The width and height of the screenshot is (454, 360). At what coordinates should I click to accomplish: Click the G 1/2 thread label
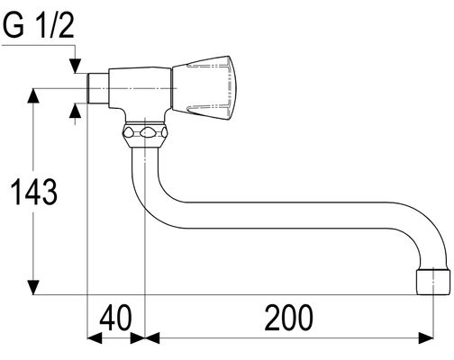pyautogui.click(x=38, y=26)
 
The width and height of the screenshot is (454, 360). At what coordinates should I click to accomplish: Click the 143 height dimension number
pyautogui.click(x=33, y=192)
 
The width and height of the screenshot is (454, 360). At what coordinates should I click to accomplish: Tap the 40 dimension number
pyautogui.click(x=115, y=318)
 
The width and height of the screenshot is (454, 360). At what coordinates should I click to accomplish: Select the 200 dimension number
pyautogui.click(x=288, y=318)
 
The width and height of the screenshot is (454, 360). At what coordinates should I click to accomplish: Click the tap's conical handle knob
pyautogui.click(x=204, y=88)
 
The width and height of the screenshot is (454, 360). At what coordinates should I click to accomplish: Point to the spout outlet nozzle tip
pyautogui.click(x=433, y=282)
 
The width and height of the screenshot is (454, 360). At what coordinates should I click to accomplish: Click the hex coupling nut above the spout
pyautogui.click(x=145, y=134)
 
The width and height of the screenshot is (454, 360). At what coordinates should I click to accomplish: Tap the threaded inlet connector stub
pyautogui.click(x=97, y=88)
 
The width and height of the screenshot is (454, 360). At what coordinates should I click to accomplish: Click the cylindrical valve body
pyautogui.click(x=140, y=88)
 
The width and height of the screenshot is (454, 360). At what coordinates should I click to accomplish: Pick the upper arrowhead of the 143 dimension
pyautogui.click(x=33, y=95)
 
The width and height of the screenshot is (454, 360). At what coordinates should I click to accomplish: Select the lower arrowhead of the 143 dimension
pyautogui.click(x=33, y=287)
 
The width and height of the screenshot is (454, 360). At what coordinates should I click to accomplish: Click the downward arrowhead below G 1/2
pyautogui.click(x=75, y=66)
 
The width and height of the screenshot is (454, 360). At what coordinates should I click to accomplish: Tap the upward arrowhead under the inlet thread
pyautogui.click(x=75, y=111)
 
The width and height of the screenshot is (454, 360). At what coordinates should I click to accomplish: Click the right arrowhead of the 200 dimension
pyautogui.click(x=426, y=337)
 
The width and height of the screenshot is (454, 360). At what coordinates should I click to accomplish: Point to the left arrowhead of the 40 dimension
pyautogui.click(x=95, y=337)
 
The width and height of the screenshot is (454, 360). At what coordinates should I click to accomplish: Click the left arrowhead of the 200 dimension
pyautogui.click(x=152, y=337)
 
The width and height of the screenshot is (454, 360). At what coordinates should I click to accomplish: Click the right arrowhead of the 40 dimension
pyautogui.click(x=138, y=337)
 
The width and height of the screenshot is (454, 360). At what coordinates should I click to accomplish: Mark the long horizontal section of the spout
pyautogui.click(x=288, y=215)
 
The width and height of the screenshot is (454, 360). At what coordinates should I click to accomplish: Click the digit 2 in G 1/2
pyautogui.click(x=66, y=26)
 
